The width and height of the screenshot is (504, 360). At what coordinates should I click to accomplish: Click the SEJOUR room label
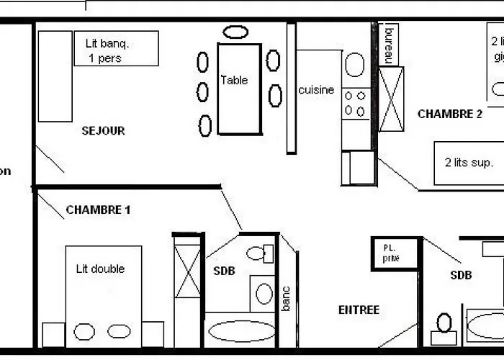pyautogui.click(x=103, y=131)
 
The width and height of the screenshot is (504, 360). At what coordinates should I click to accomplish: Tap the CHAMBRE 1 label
pyautogui.click(x=98, y=210)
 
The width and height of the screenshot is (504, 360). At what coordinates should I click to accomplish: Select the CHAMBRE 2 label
pyautogui.click(x=450, y=114)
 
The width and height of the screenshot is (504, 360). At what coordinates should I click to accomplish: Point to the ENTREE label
pyautogui.click(x=359, y=310)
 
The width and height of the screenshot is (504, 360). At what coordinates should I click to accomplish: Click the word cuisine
pyautogui.click(x=316, y=90)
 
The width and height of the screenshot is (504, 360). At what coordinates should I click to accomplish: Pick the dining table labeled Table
pyautogui.click(x=239, y=88)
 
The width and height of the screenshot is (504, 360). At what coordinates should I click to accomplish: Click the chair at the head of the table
pyautogui.click(x=235, y=32)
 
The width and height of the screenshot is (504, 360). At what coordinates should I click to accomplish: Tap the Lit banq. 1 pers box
pyautogui.click(x=116, y=49)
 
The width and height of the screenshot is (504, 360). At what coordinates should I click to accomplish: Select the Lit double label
pyautogui.click(x=100, y=269)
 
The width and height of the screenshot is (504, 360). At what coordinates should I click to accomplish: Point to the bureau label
pyautogui.click(x=390, y=45)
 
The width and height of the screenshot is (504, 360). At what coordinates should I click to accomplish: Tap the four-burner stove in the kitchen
pyautogui.click(x=355, y=103)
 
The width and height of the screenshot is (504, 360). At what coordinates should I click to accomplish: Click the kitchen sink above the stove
pyautogui.click(x=354, y=66)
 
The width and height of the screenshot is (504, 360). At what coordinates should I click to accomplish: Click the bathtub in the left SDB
pyautogui.click(x=241, y=330)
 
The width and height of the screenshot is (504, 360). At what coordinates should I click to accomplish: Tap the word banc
pyautogui.click(x=286, y=299)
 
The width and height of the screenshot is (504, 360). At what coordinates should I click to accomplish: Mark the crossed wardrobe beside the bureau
pyautogui.click(x=392, y=99)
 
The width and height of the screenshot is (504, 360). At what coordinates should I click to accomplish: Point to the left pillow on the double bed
pyautogui.click(x=84, y=332)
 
